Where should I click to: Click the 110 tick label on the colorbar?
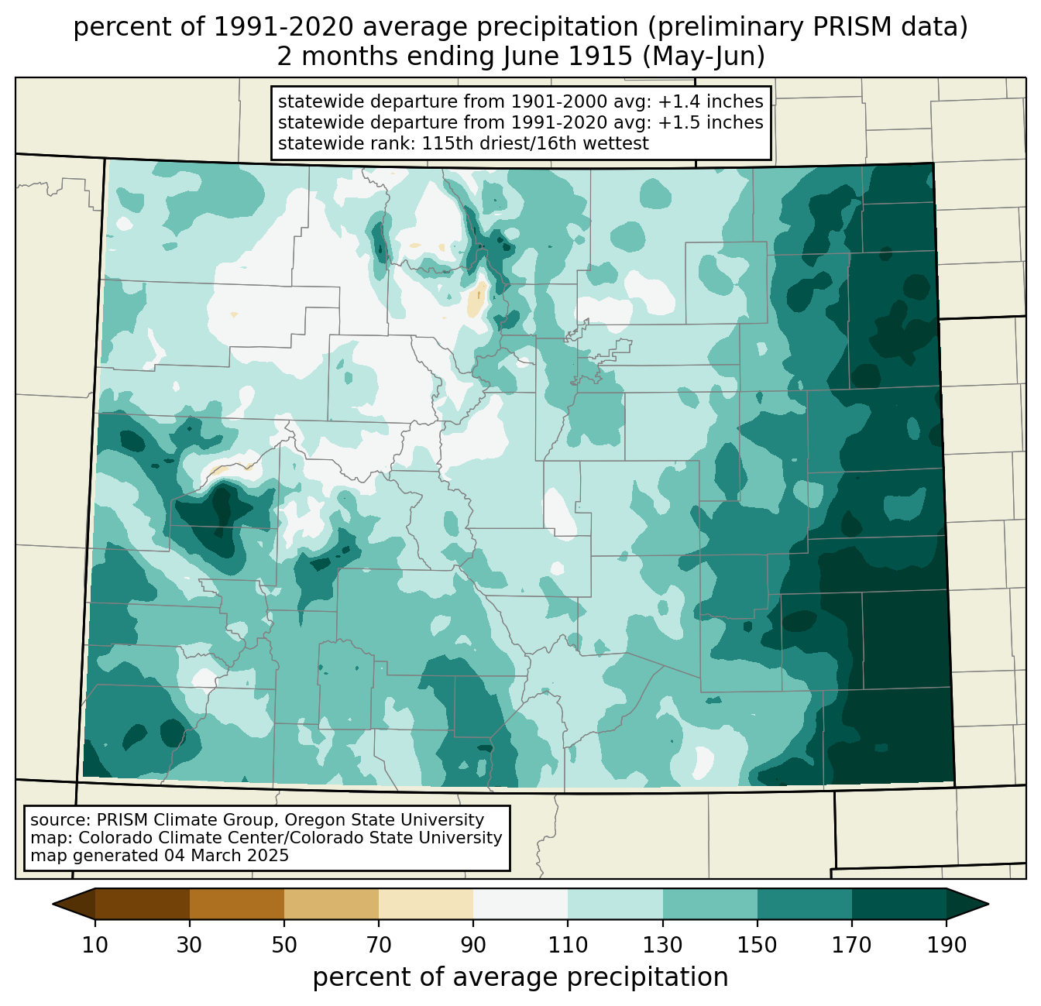(x=568, y=945)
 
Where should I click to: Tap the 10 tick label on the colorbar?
(x=94, y=945)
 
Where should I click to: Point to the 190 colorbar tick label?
(x=947, y=945)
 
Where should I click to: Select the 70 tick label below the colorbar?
(x=379, y=945)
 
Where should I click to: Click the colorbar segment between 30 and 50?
(x=236, y=904)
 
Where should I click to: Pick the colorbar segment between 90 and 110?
(x=520, y=904)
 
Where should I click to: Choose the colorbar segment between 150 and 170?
(x=804, y=904)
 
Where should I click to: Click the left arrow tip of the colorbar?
(x=53, y=904)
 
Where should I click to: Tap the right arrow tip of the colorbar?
(x=988, y=904)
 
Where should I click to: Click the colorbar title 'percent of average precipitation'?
(x=520, y=977)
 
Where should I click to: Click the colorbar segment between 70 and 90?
(x=426, y=904)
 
